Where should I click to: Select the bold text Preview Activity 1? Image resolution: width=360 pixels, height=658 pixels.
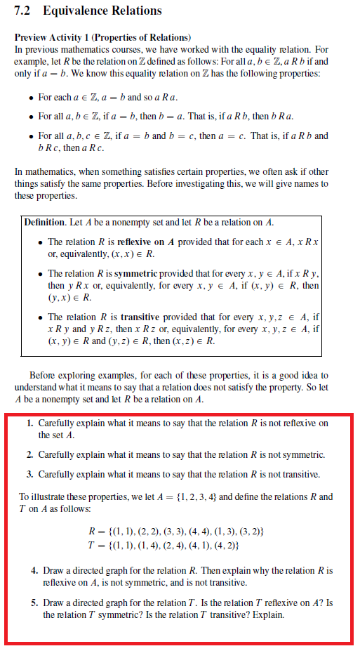51,37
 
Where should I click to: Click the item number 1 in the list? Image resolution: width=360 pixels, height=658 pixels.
29,424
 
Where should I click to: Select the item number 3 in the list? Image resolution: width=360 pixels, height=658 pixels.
29,474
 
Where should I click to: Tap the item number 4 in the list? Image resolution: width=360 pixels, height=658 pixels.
34,570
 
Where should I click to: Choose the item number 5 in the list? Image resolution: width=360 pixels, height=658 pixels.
34,603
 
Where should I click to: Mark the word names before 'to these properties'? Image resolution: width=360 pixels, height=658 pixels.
305,184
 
